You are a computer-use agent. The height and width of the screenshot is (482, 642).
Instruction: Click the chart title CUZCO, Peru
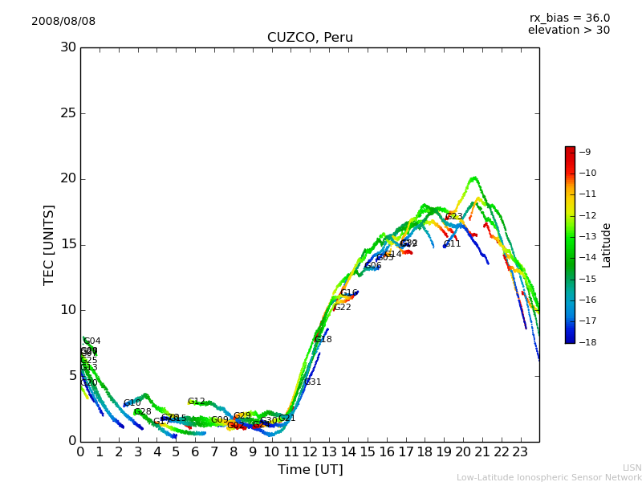[310, 38]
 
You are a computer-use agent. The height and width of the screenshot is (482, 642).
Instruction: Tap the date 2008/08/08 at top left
[63, 21]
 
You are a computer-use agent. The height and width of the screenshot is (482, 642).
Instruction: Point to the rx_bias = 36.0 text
[569, 18]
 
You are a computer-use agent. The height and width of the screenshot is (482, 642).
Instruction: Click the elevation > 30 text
[568, 31]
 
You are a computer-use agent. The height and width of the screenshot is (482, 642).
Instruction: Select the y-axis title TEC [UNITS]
[49, 244]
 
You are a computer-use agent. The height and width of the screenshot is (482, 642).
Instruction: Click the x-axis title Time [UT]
[310, 469]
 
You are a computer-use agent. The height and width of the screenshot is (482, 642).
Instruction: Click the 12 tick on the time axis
[310, 452]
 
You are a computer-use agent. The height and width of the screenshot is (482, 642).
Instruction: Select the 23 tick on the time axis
[520, 452]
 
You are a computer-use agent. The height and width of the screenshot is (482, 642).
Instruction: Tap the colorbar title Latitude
[607, 245]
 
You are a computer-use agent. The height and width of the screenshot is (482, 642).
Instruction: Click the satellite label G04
[92, 341]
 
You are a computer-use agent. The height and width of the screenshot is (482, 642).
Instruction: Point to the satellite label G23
[454, 217]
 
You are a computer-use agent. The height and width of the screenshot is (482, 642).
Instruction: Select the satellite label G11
[453, 244]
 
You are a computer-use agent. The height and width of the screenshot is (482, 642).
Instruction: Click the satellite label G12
[197, 402]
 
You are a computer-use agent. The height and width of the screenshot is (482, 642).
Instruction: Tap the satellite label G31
[312, 382]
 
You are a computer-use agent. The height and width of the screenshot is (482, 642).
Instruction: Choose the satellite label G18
[323, 340]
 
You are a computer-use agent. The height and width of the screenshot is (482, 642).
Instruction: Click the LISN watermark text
[632, 468]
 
